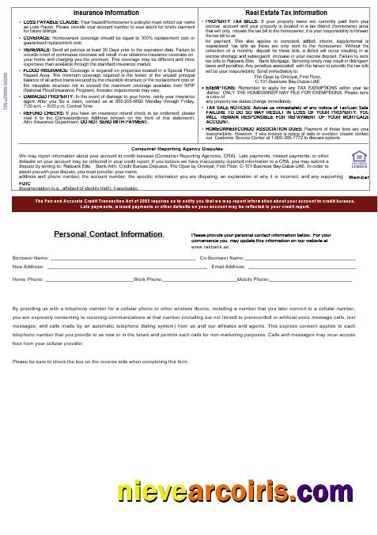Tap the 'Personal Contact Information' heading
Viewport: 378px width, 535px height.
point(108,234)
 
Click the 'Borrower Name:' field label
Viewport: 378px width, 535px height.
point(31,257)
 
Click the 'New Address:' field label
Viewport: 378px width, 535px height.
point(28,267)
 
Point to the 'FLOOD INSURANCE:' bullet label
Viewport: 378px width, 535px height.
point(41,69)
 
